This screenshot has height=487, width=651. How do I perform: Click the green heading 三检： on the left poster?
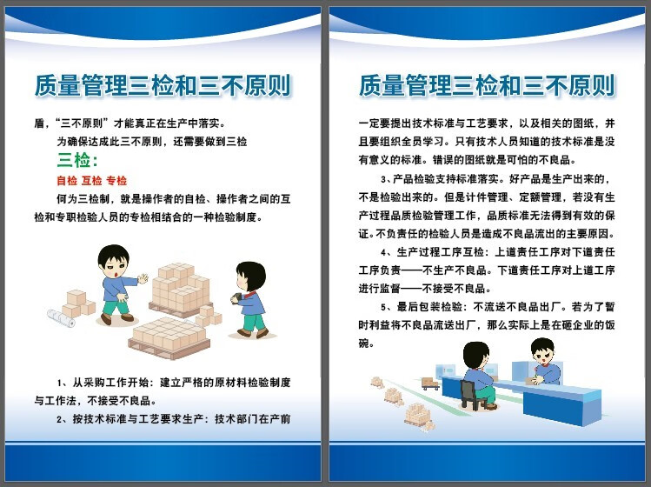point(77,160)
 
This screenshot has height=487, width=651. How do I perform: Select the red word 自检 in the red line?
point(67,181)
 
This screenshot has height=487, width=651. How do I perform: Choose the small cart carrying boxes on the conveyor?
point(429,383)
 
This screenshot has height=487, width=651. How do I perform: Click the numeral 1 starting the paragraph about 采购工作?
point(60,383)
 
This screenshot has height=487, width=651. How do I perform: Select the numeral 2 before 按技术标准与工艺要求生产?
point(60,419)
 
